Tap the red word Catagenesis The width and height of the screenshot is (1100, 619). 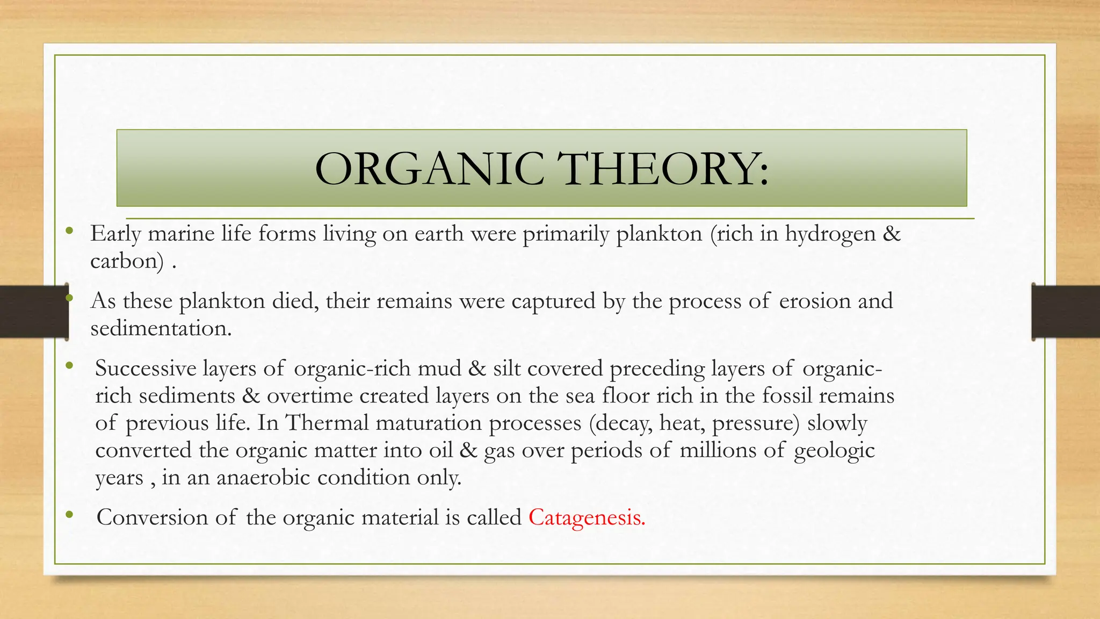587,517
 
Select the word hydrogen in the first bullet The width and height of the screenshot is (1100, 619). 830,234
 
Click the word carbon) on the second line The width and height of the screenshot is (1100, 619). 127,262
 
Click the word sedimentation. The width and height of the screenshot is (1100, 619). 161,328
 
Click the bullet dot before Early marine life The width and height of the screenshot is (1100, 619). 69,232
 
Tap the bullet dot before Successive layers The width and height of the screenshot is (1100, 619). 69,367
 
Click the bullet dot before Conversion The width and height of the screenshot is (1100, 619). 69,516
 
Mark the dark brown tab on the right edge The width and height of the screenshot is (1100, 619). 1066,312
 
